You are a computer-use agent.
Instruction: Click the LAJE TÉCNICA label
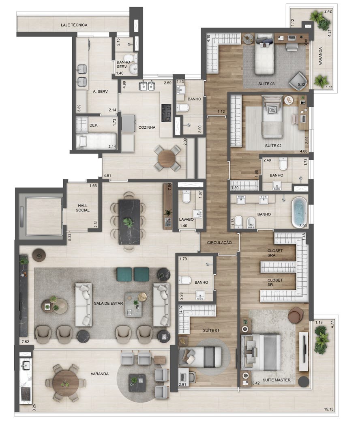pyautogui.click(x=74, y=25)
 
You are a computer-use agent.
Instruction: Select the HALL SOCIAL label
pyautogui.click(x=83, y=208)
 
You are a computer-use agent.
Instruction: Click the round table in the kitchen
pyautogui.click(x=167, y=158)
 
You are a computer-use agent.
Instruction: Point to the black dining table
pyautogui.click(x=129, y=222)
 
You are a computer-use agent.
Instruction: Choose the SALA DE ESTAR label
pyautogui.click(x=109, y=303)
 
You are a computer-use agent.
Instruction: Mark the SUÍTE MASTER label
pyautogui.click(x=276, y=380)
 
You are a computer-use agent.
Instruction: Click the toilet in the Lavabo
pyautogui.click(x=186, y=196)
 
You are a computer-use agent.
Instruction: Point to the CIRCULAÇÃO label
pyautogui.click(x=219, y=243)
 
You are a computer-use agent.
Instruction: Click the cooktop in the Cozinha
pyautogui.click(x=166, y=112)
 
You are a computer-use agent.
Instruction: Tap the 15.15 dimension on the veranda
pyautogui.click(x=329, y=409)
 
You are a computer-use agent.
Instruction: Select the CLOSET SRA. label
pyautogui.click(x=275, y=253)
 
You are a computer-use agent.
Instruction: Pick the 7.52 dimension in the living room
pyautogui.click(x=25, y=342)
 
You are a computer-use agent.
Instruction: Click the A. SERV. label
pyautogui.click(x=101, y=92)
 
